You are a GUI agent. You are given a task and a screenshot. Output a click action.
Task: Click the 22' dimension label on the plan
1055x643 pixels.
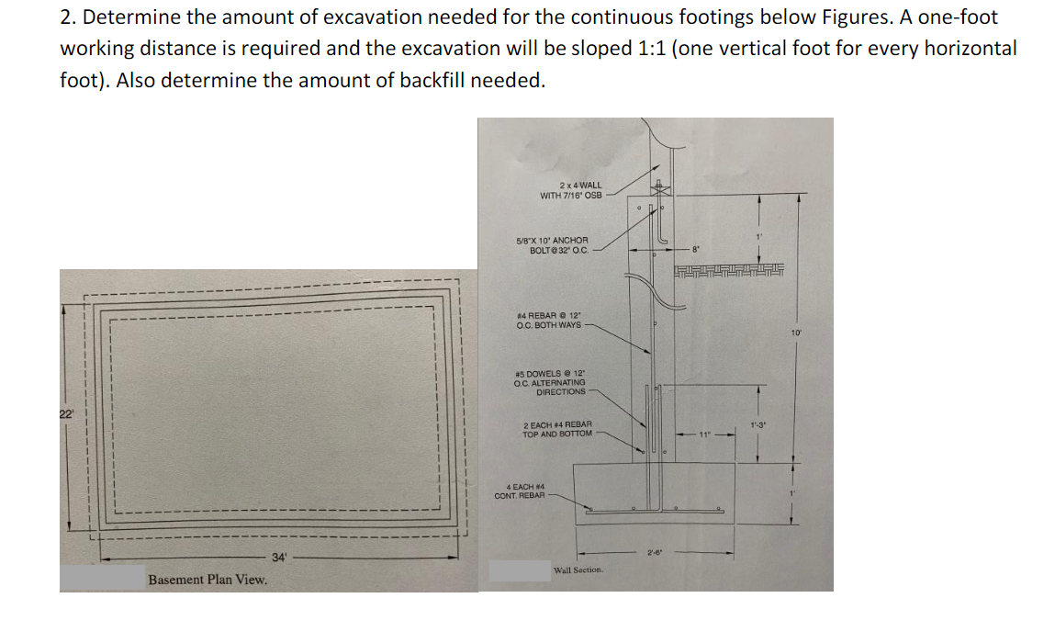click(66, 415)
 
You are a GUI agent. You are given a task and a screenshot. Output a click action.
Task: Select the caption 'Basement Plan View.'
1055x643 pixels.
click(208, 580)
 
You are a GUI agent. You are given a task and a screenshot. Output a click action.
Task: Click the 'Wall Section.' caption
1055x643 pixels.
click(578, 570)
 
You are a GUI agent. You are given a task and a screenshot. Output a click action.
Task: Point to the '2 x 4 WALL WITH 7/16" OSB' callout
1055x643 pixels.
click(571, 190)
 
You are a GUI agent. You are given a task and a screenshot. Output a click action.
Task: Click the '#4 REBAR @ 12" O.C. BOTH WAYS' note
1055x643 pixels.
click(549, 321)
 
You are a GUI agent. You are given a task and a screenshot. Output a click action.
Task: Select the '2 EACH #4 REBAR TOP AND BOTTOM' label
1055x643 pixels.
click(557, 429)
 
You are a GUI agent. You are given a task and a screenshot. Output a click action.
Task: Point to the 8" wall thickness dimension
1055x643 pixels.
click(697, 247)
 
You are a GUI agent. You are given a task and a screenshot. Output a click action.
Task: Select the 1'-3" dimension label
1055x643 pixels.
click(758, 424)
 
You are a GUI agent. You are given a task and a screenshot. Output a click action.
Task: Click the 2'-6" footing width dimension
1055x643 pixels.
click(654, 552)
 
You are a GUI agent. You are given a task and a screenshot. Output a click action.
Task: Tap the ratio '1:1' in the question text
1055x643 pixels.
click(651, 48)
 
